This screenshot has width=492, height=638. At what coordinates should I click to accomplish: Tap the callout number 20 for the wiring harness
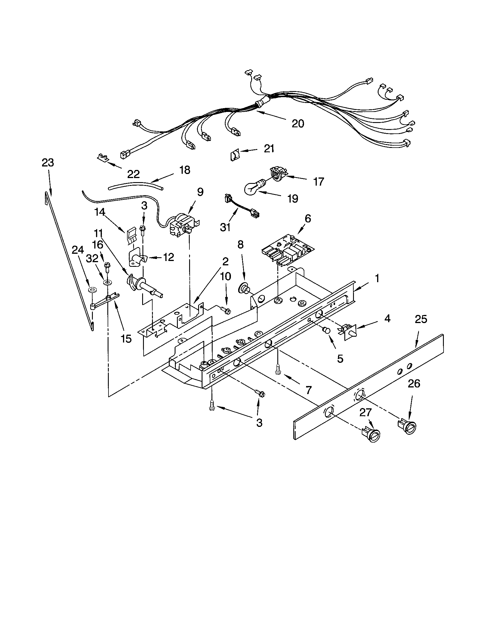click(298, 124)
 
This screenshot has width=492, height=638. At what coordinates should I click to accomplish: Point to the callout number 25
click(421, 319)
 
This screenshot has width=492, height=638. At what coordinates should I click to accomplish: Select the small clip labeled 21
click(235, 154)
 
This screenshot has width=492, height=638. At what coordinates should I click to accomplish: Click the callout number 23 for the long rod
click(48, 163)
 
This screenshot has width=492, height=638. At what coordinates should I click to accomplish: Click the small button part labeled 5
click(326, 331)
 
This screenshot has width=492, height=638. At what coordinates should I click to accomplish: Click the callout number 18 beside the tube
click(185, 170)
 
